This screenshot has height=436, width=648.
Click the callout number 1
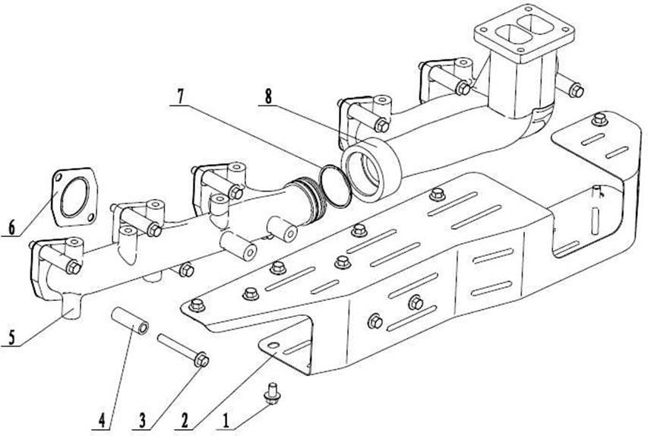(x=226, y=422)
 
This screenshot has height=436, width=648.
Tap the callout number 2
(x=185, y=422)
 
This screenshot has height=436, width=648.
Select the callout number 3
(x=142, y=422)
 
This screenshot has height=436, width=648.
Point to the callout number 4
(x=102, y=422)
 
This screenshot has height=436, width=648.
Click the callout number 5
(x=11, y=338)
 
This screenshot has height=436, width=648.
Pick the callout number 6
(x=11, y=227)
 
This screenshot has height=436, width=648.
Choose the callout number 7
(x=180, y=96)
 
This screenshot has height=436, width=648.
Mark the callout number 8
(x=269, y=96)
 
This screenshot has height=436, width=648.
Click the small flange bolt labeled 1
(x=272, y=395)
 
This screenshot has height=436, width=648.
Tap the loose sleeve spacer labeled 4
(x=130, y=321)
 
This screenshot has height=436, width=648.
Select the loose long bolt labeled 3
(x=183, y=350)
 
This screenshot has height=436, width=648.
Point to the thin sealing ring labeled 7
(x=335, y=185)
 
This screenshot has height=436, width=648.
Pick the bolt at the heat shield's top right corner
(x=599, y=119)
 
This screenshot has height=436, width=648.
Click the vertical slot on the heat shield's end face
(x=595, y=220)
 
